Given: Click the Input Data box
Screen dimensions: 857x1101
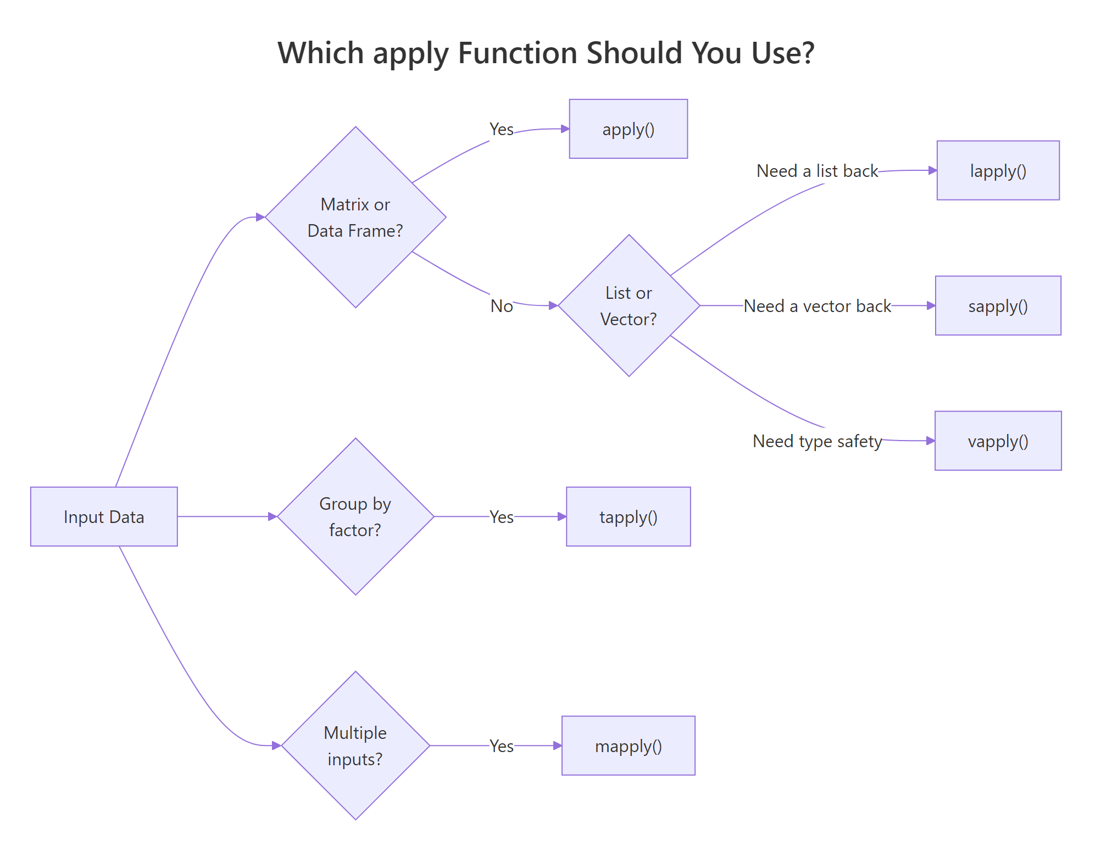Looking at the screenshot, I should [104, 516].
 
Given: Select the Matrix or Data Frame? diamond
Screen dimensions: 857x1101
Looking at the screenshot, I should [355, 218].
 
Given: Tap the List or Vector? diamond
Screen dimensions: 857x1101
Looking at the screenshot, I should [629, 306].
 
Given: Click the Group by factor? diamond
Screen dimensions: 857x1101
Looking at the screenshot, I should [355, 516].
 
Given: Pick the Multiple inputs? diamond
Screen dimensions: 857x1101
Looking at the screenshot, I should [355, 745].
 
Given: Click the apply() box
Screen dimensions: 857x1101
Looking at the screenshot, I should [628, 129].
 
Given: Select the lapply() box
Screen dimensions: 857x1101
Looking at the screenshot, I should [998, 171].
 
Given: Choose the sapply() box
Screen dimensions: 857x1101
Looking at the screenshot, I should [998, 306].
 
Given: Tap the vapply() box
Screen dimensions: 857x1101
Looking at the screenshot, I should [998, 441].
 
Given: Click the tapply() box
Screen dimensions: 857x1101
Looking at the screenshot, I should [628, 516].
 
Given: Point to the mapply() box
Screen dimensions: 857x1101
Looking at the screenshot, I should [628, 745].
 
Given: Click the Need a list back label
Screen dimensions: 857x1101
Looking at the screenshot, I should [817, 171].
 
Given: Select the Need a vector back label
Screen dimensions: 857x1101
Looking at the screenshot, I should [817, 306].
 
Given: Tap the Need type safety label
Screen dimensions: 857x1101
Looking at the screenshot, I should [817, 441].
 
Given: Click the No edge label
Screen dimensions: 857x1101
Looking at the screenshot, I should [502, 306].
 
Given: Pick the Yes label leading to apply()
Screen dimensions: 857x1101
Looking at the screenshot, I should [502, 129].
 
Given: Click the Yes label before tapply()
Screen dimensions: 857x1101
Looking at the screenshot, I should [502, 516].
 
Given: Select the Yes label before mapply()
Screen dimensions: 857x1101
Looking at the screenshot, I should [502, 745].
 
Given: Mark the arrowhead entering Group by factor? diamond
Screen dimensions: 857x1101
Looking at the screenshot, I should [273, 516].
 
